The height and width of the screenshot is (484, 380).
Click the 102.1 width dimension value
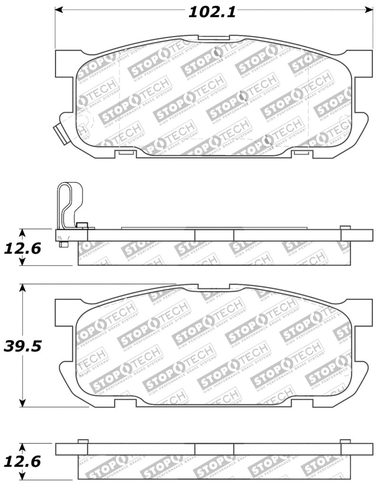[212, 12]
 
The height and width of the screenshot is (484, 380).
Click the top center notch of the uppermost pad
[214, 37]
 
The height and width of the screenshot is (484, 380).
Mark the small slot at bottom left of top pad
[126, 153]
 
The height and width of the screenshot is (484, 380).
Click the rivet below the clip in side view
[64, 245]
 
